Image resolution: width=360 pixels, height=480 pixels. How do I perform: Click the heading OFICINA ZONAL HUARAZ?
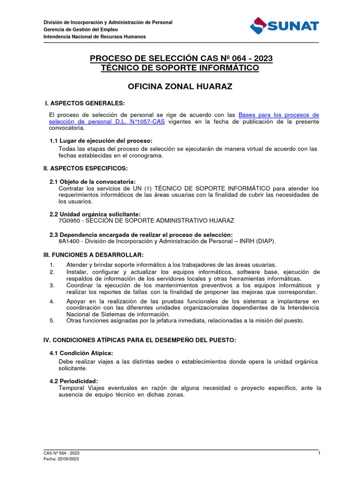tap(180, 87)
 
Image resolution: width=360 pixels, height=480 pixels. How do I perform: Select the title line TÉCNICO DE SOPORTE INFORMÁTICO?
tap(180, 68)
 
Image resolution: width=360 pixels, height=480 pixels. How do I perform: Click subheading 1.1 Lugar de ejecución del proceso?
tap(101, 141)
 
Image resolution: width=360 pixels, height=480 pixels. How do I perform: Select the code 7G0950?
tap(69, 220)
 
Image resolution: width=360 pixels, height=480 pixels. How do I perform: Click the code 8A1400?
tap(69, 241)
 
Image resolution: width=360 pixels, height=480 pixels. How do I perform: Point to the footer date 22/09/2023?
tap(68, 459)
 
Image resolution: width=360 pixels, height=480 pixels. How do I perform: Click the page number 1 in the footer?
tap(318, 453)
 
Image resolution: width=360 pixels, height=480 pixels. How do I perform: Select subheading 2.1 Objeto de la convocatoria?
tap(93, 181)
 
